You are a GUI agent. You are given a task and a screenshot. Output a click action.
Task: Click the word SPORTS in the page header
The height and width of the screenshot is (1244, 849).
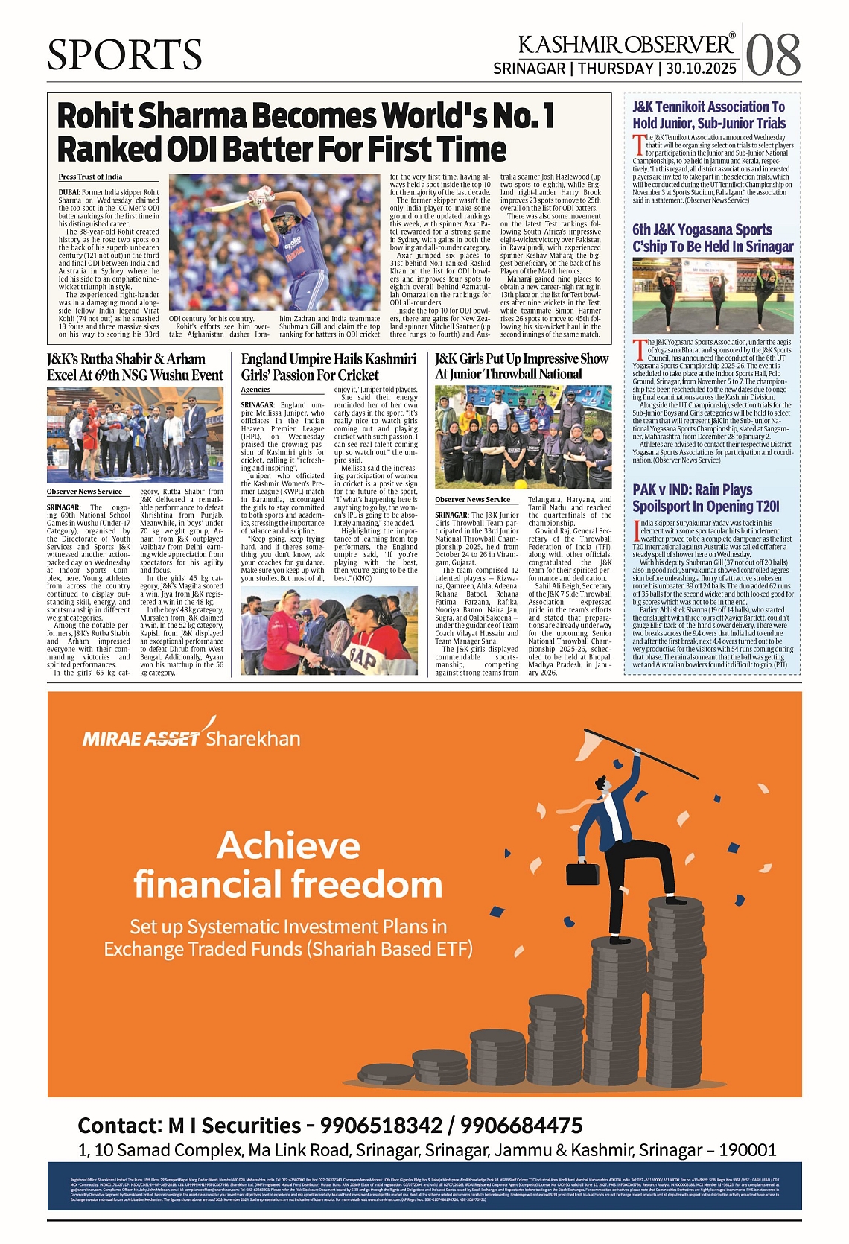[x=124, y=54]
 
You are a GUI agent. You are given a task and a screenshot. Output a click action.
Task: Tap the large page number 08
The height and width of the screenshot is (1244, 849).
[x=773, y=55]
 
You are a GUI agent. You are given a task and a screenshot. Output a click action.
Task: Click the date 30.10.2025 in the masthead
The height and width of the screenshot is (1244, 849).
[x=701, y=69]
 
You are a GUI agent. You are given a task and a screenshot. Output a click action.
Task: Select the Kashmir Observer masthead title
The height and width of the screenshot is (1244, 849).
[x=626, y=45]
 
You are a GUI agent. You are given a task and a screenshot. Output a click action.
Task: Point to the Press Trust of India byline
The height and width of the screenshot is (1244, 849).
[x=90, y=177]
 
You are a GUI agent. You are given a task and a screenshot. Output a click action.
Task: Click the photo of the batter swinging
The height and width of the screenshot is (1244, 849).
[x=275, y=243]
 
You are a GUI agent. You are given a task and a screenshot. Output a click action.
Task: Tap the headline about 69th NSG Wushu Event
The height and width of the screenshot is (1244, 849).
[x=135, y=367]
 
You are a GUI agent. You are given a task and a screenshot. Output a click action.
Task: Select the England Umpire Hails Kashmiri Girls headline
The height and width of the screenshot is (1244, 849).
[x=328, y=367]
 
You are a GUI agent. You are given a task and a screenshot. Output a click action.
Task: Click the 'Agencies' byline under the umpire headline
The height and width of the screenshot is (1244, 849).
[x=255, y=390]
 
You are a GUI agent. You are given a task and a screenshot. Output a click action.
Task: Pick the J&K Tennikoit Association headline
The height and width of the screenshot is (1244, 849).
[x=709, y=115]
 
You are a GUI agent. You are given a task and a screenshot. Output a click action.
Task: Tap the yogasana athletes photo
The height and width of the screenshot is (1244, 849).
[x=713, y=296]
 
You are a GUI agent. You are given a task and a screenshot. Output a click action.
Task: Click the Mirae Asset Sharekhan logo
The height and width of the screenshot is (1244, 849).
[x=191, y=737]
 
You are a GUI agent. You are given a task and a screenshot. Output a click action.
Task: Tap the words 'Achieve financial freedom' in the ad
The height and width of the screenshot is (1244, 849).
[x=288, y=865]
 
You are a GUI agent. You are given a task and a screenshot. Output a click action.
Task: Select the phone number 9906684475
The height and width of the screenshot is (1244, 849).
[x=521, y=1126]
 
